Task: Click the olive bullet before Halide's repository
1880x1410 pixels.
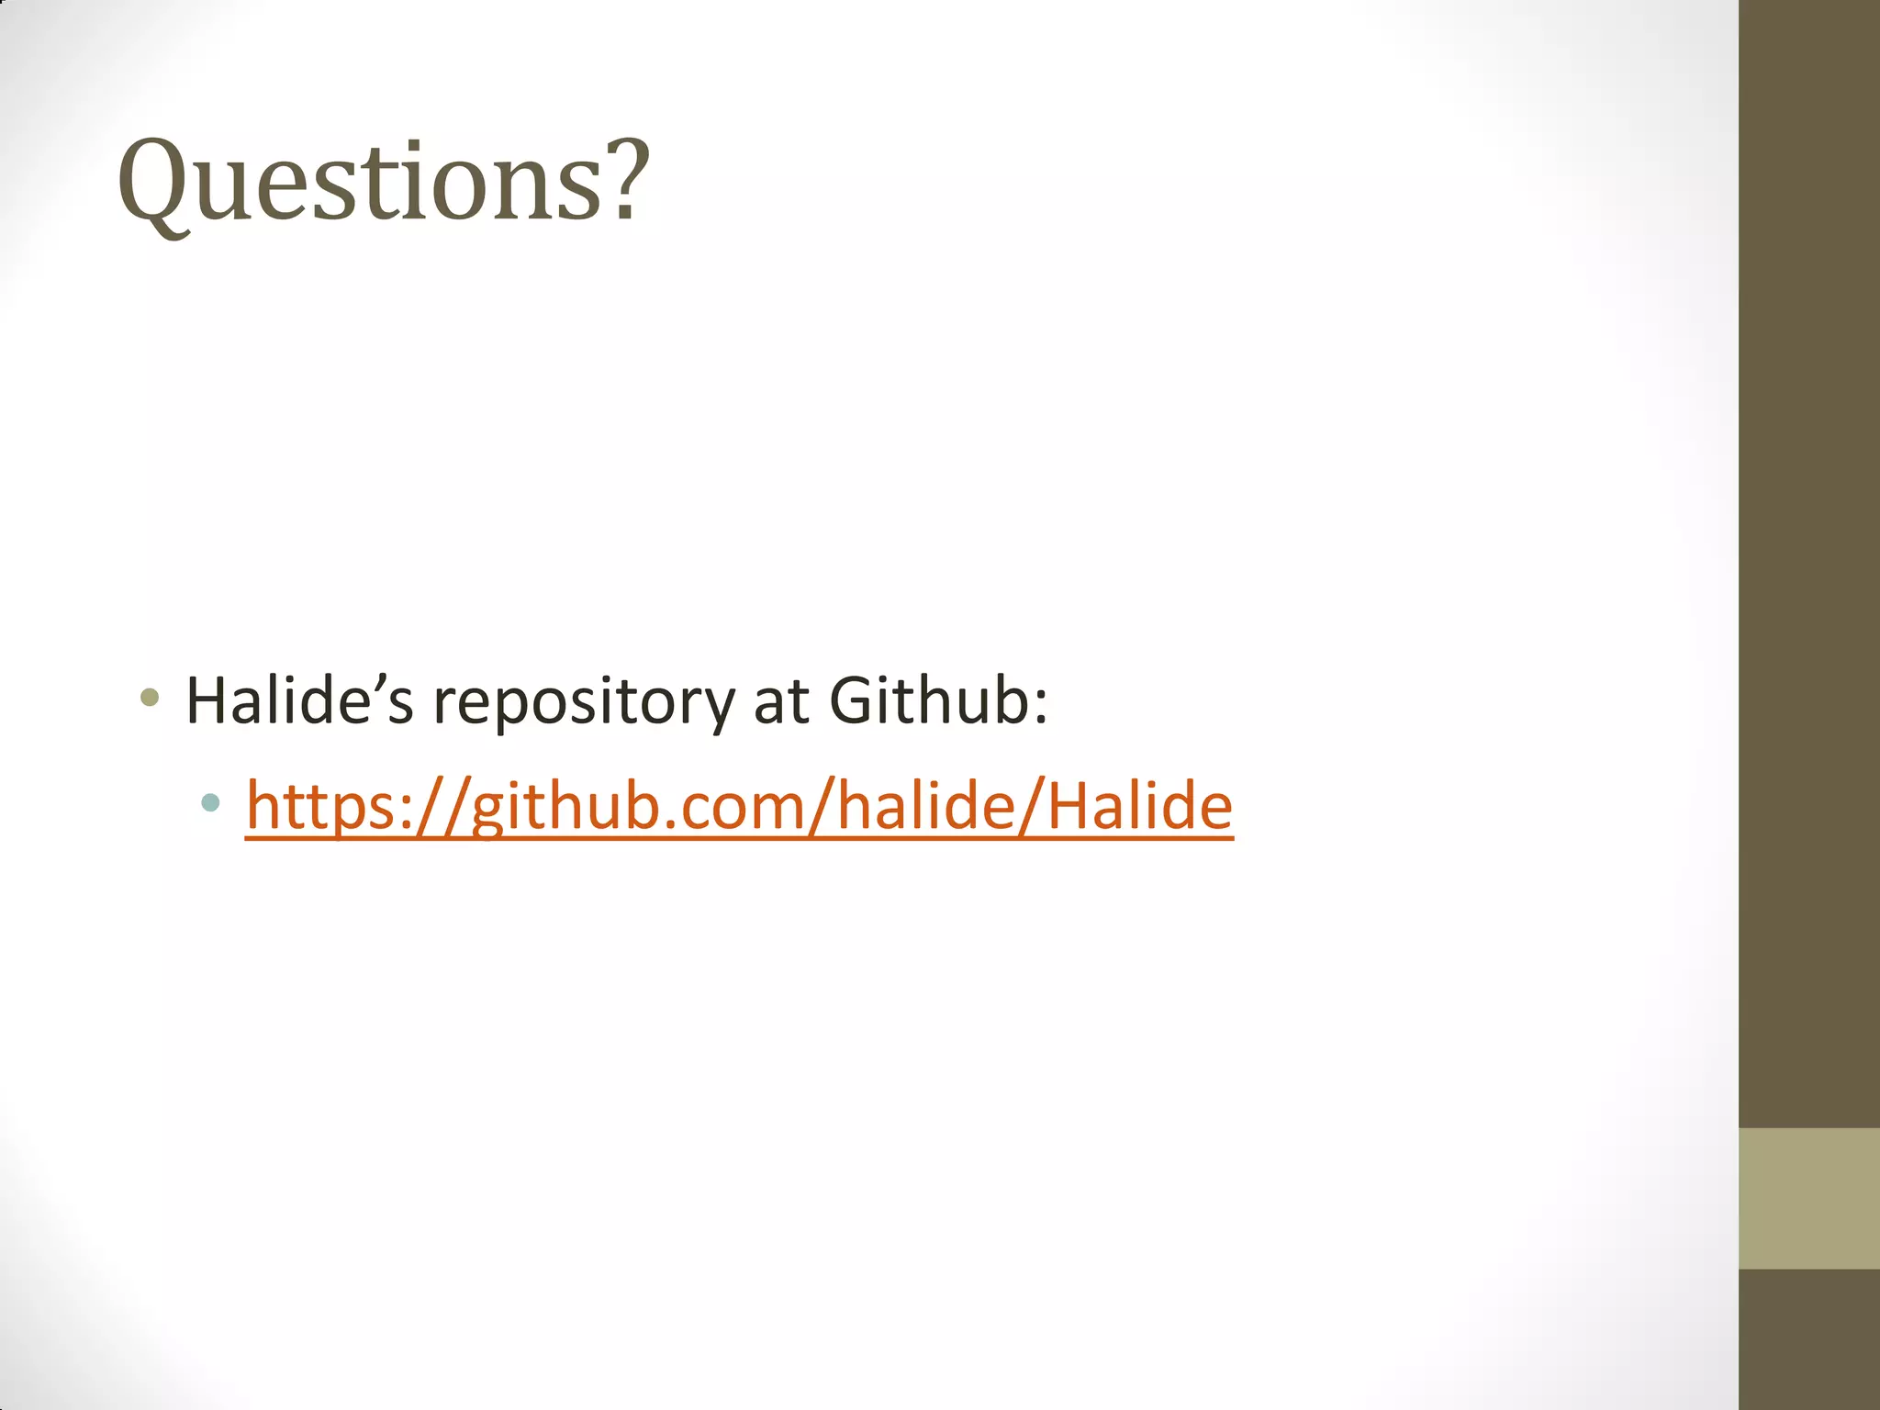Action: [150, 699]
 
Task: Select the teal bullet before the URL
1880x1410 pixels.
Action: [210, 803]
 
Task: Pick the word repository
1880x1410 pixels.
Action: [584, 705]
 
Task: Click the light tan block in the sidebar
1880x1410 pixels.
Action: [1809, 1198]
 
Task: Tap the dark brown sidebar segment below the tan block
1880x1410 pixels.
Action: [1809, 1339]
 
